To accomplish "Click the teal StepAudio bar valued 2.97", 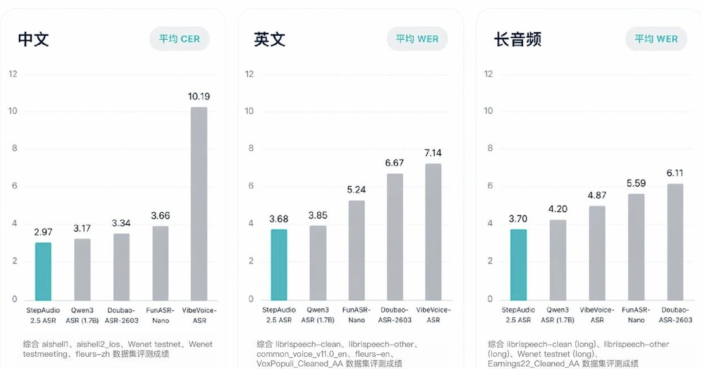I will point(43,271).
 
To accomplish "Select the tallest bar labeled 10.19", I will point(199,204).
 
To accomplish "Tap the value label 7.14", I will point(433,153).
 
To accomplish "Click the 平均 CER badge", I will point(179,39).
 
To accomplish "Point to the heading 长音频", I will point(517,39).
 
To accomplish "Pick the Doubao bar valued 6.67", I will point(395,237).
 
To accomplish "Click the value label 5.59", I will point(636,183).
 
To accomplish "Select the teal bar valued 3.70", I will point(518,265).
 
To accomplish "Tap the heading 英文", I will point(270,39).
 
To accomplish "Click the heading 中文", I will point(33,39).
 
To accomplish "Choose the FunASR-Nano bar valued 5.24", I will point(356,250).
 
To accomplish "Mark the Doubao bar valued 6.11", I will point(675,242).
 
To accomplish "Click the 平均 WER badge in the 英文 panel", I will point(417,39).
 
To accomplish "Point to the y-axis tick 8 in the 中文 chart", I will point(14,148).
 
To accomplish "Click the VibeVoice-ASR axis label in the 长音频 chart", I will point(597,315).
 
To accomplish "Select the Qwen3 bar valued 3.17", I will point(82,270).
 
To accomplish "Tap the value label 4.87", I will point(597,195).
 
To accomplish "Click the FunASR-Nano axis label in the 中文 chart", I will point(160,315).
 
